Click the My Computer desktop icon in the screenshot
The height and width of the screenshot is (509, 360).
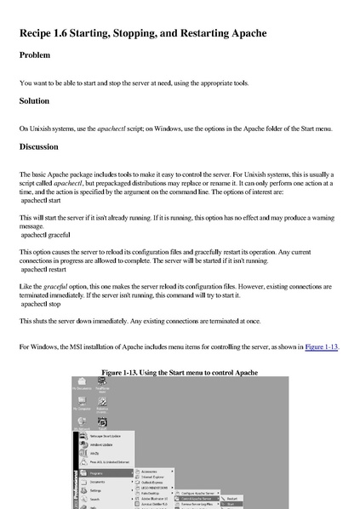point(78,405)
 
